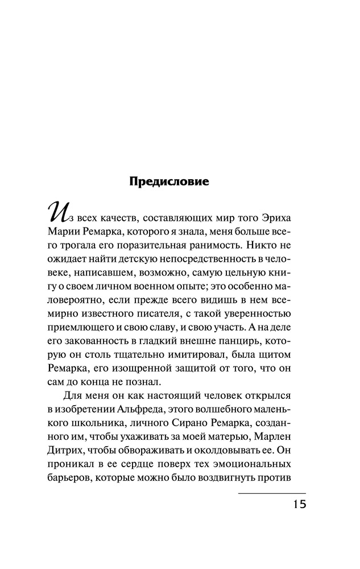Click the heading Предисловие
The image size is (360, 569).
coord(170,183)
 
